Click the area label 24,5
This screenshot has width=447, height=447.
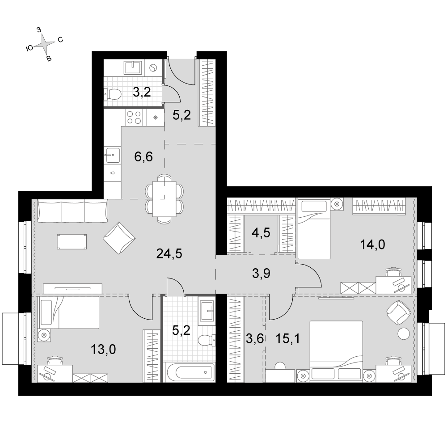click(x=169, y=253)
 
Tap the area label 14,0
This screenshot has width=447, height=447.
click(x=373, y=245)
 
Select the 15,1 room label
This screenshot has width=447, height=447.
click(x=287, y=338)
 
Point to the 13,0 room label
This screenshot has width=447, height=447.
click(x=103, y=349)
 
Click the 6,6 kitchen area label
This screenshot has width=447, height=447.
click(x=143, y=156)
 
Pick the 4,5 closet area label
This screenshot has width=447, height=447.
click(x=261, y=232)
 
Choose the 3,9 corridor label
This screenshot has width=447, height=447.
click(x=261, y=274)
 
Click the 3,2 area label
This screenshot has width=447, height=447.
click(x=142, y=93)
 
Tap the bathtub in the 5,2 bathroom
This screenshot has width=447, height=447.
click(x=189, y=372)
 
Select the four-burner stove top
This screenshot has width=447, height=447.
click(x=134, y=118)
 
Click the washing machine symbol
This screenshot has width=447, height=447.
click(x=153, y=67)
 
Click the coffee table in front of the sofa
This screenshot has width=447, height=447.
click(x=72, y=242)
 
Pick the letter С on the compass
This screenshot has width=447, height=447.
click(x=60, y=40)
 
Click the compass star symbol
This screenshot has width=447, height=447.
click(x=45, y=44)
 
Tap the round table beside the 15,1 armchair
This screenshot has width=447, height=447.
click(x=404, y=333)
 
